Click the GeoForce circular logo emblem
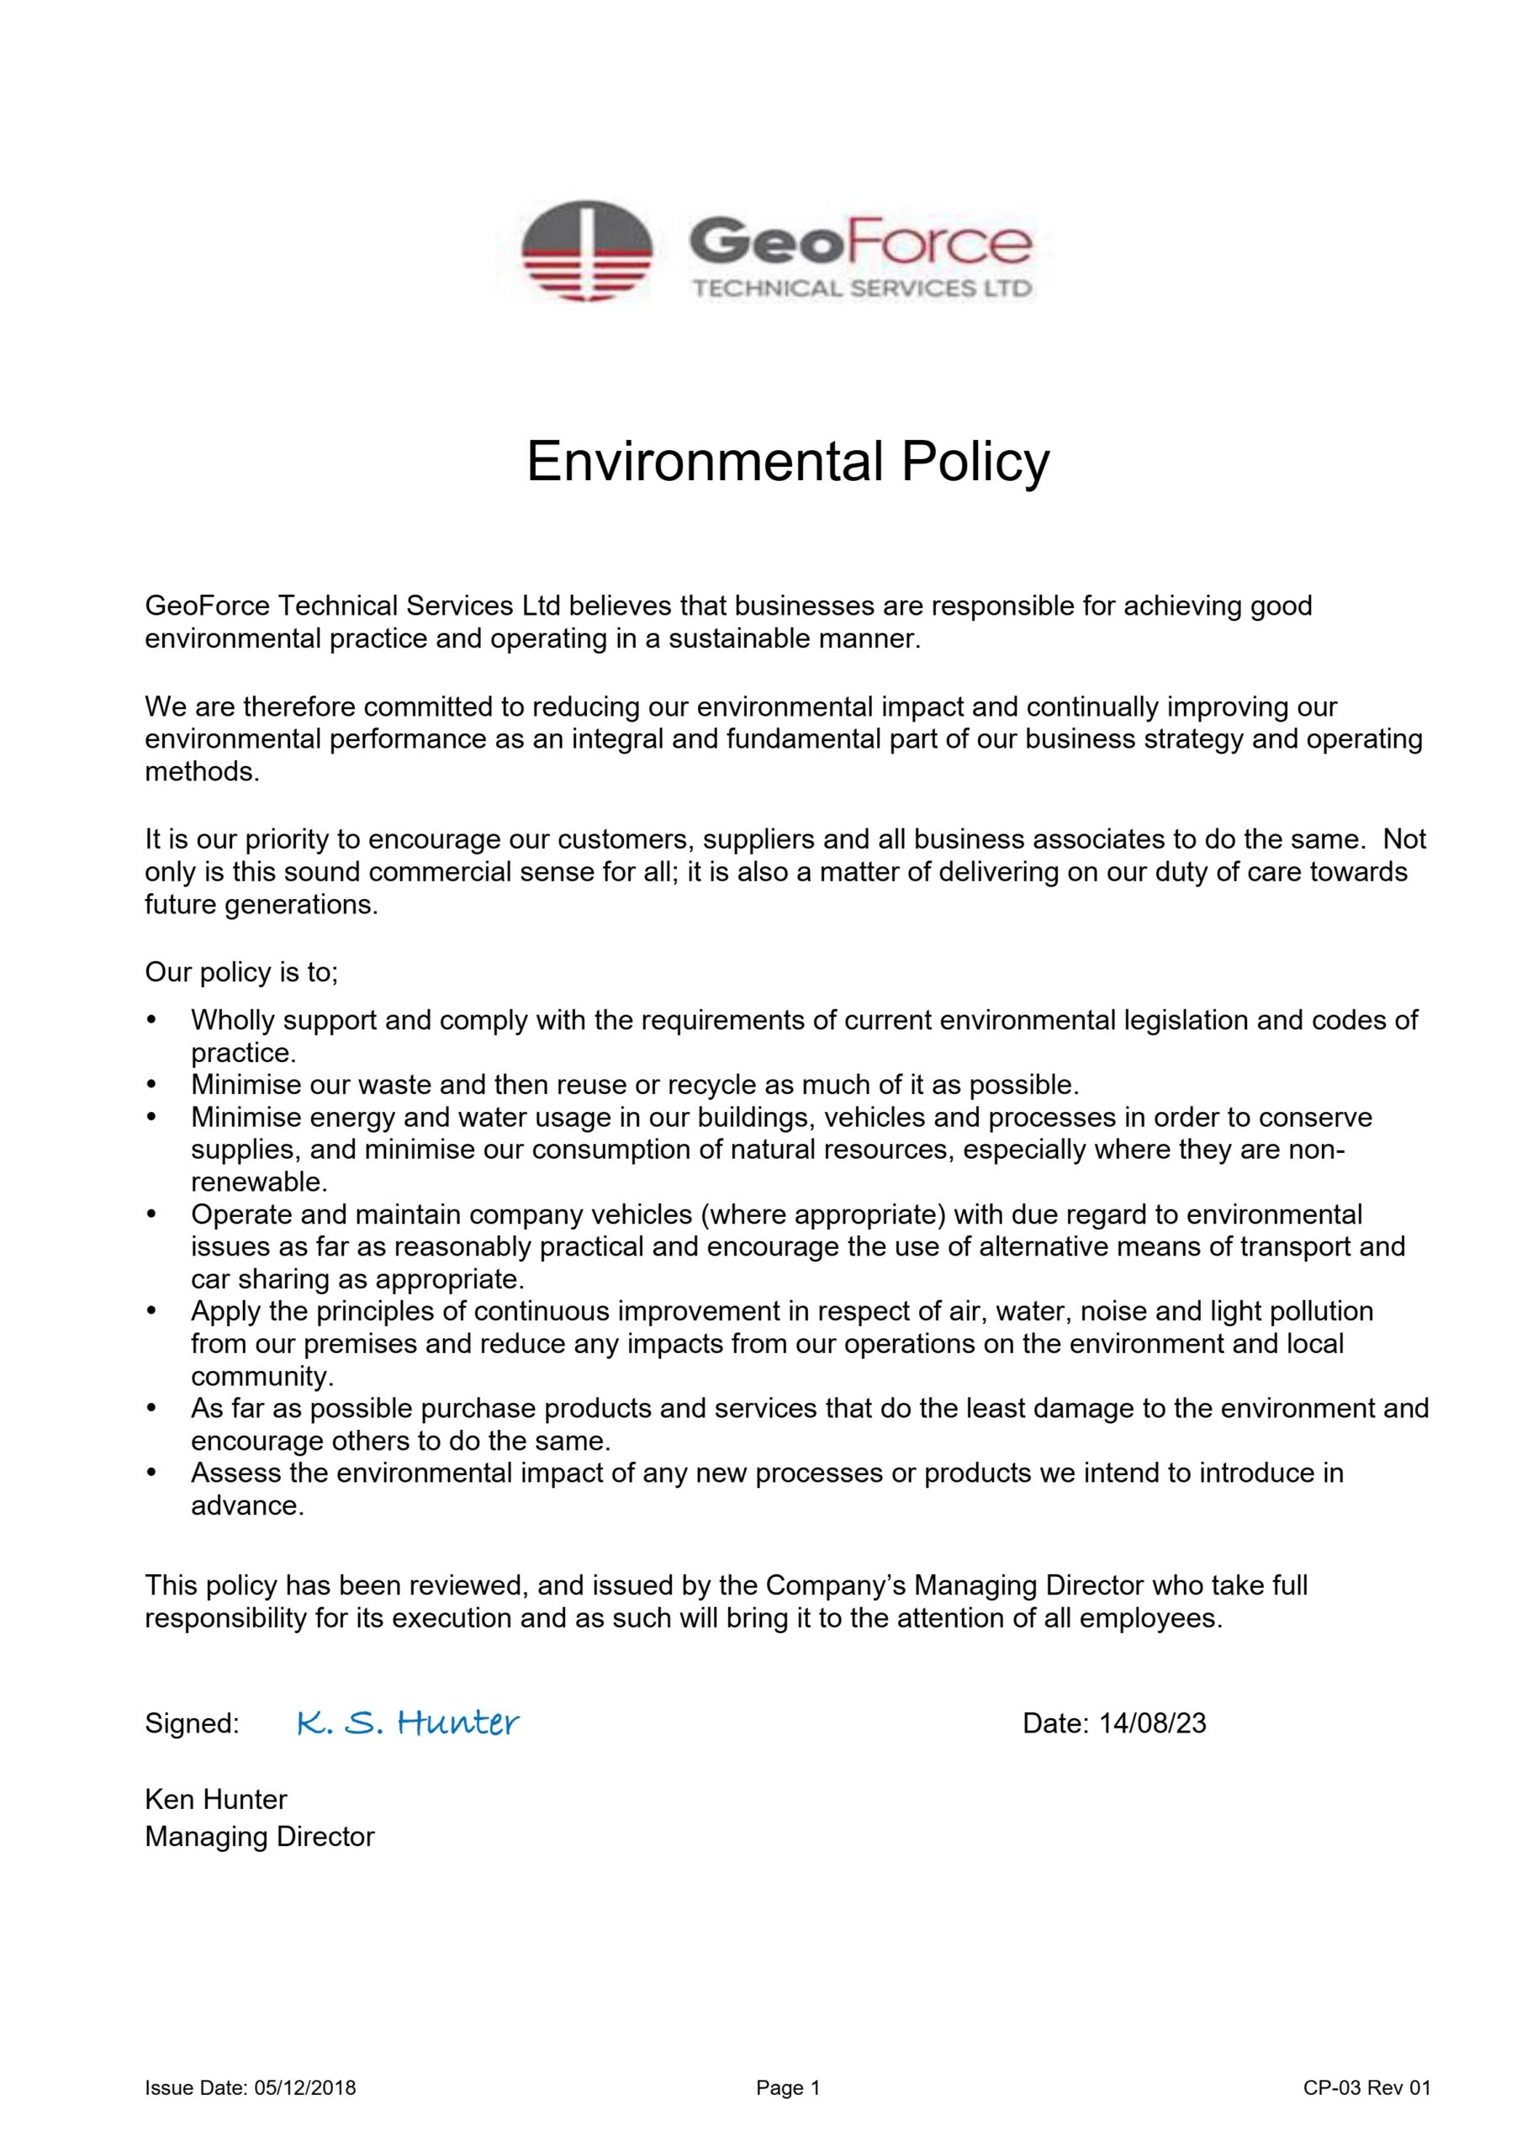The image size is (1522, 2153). (586, 251)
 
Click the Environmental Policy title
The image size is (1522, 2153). (788, 462)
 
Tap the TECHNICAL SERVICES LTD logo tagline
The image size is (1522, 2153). (861, 288)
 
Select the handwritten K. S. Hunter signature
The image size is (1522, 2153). (407, 1722)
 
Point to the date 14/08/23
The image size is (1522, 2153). (1153, 1723)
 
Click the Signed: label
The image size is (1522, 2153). (193, 1723)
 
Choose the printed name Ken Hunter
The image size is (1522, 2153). (216, 1799)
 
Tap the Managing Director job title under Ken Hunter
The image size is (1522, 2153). (260, 1836)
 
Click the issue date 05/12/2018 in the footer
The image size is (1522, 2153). (304, 2113)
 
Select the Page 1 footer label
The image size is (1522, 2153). (788, 2113)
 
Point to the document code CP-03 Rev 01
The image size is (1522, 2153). (1366, 2113)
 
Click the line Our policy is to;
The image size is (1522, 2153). (241, 972)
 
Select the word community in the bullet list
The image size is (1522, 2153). (261, 1377)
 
